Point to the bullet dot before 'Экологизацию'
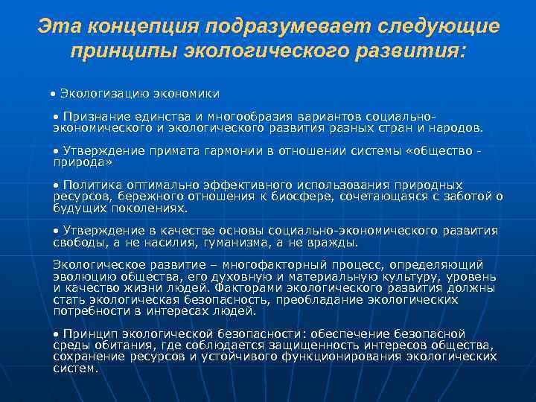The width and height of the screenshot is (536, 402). [x=53, y=95]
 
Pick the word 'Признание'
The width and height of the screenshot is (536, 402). [x=95, y=117]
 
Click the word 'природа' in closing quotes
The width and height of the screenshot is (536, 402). [x=83, y=162]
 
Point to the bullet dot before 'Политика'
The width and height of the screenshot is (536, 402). [x=56, y=185]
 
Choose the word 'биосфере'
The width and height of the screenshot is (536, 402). [x=306, y=196]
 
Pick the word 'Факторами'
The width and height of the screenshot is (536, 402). [x=242, y=287]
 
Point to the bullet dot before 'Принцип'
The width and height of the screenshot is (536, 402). [x=56, y=334]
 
